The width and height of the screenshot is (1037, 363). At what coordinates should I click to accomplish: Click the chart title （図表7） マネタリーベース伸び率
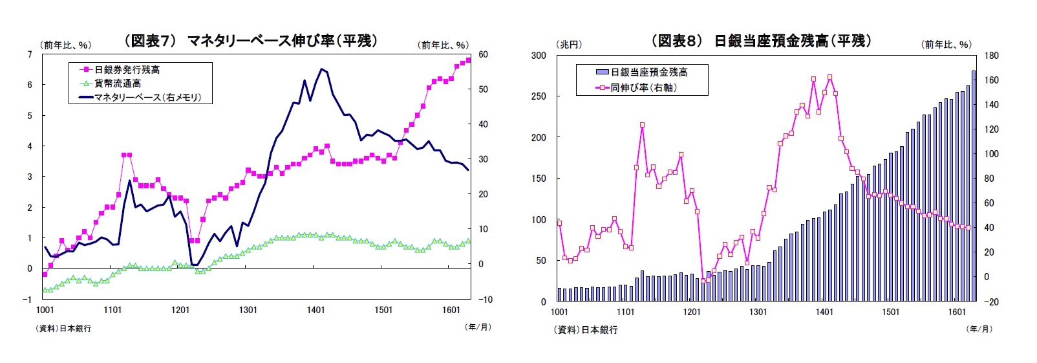pyautogui.click(x=250, y=41)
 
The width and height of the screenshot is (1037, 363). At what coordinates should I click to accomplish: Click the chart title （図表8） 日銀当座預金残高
pyautogui.click(x=761, y=41)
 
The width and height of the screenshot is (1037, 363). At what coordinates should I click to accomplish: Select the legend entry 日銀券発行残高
pyautogui.click(x=127, y=69)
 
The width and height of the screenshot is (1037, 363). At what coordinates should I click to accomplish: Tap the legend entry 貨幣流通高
pyautogui.click(x=118, y=83)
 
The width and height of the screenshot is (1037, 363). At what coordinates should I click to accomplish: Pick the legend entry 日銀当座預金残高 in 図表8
pyautogui.click(x=648, y=72)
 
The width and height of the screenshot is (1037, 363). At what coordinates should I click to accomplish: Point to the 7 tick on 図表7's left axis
pyautogui.click(x=29, y=54)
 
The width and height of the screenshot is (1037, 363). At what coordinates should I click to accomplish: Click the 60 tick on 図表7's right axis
pyautogui.click(x=483, y=54)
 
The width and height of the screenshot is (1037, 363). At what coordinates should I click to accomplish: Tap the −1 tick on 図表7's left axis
pyautogui.click(x=27, y=300)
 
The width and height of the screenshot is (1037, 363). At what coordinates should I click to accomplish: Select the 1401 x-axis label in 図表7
pyautogui.click(x=315, y=310)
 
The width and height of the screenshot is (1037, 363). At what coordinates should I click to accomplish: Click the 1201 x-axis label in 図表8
pyautogui.click(x=692, y=312)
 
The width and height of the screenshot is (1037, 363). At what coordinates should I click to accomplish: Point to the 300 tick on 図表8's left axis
pyautogui.click(x=539, y=56)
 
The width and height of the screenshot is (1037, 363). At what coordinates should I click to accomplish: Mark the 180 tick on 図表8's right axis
pyautogui.click(x=991, y=56)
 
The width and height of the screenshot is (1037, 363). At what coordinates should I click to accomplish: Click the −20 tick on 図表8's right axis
pyautogui.click(x=990, y=302)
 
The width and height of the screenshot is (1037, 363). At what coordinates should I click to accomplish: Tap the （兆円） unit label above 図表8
pyautogui.click(x=569, y=44)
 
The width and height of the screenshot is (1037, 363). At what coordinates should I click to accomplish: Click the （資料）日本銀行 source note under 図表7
pyautogui.click(x=65, y=328)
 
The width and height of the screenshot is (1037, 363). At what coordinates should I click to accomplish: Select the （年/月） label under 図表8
pyautogui.click(x=979, y=329)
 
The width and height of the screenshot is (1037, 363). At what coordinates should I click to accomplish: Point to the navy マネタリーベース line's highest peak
pyautogui.click(x=321, y=69)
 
